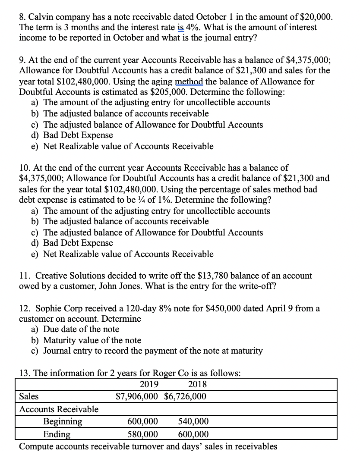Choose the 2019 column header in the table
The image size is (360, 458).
pos(149,384)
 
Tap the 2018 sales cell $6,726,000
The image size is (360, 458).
pos(186,396)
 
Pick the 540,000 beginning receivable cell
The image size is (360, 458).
pos(193,421)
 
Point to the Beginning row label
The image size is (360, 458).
pos(63,421)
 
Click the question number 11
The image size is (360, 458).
pos(25,275)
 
